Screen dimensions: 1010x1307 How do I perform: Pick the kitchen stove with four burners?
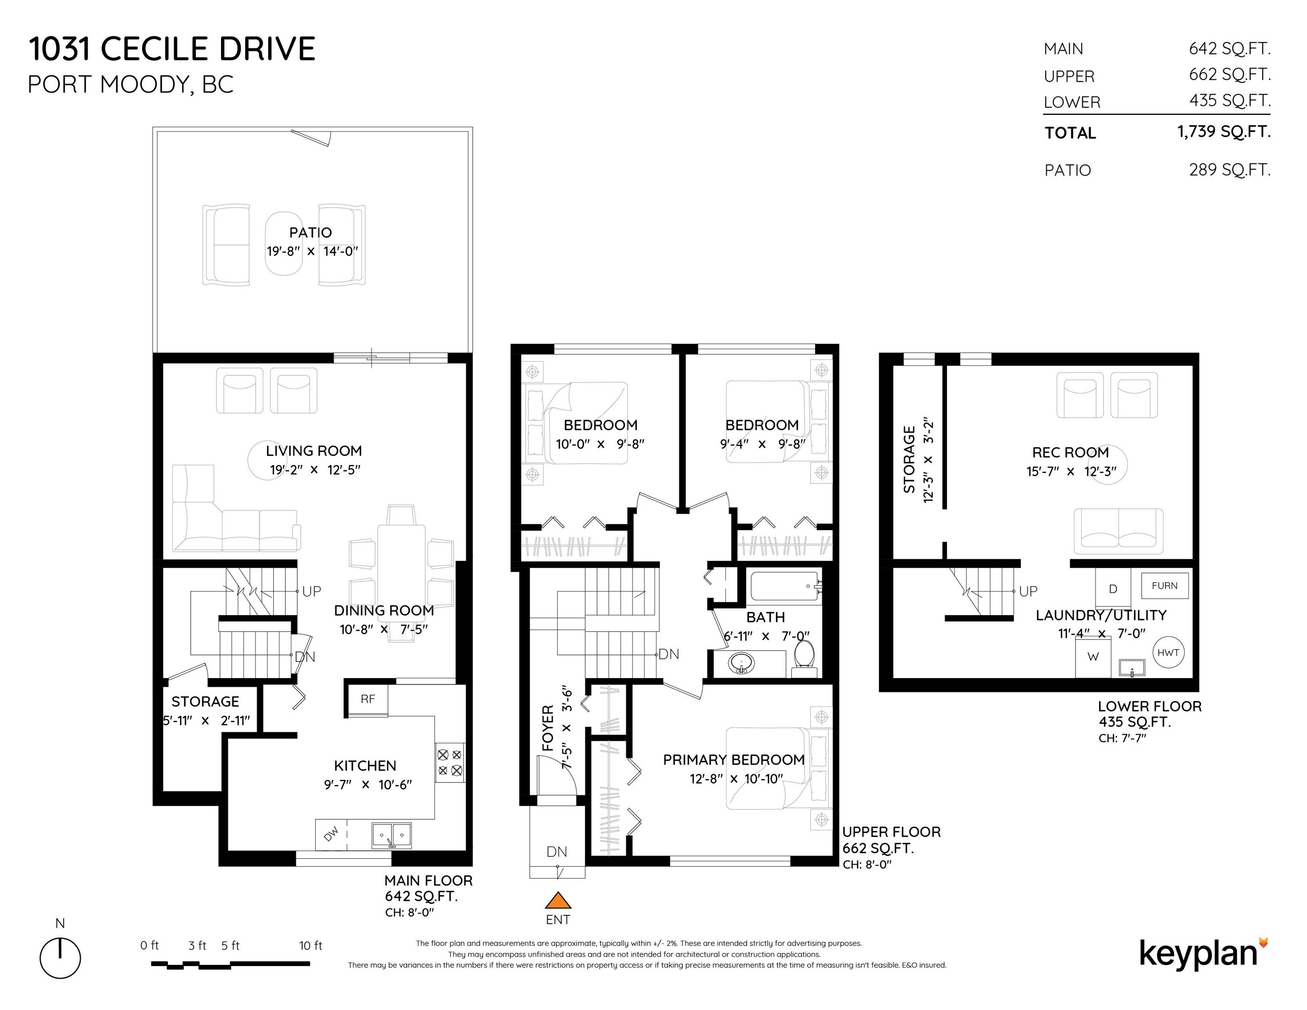[x=449, y=762]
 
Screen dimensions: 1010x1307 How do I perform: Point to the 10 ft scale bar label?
[x=310, y=946]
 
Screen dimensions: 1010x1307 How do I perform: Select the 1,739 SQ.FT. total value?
[x=1223, y=132]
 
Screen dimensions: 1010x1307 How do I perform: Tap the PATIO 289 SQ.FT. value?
[x=1229, y=170]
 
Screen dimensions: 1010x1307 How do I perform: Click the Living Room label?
[x=313, y=451]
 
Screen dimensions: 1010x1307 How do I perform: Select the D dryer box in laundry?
[x=1112, y=589]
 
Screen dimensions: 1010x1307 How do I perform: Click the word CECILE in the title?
[x=154, y=49]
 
